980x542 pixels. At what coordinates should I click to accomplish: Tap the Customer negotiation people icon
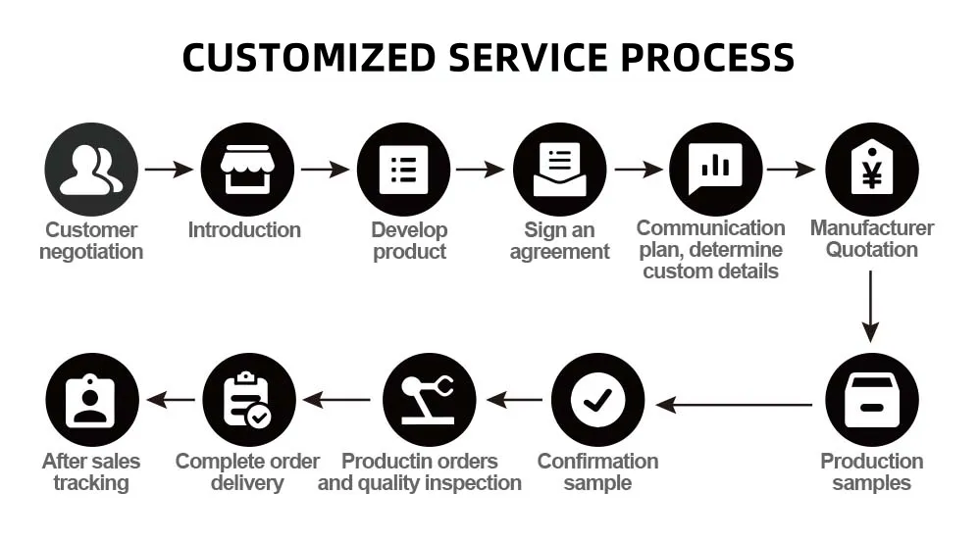coord(90,169)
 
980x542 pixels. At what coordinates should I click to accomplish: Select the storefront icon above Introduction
coord(246,169)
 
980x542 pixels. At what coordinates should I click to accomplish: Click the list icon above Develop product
coord(402,169)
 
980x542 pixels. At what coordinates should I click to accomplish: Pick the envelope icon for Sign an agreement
coord(559,169)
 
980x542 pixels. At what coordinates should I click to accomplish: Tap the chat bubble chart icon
coord(715,169)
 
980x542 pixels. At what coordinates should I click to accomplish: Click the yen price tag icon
coord(871,169)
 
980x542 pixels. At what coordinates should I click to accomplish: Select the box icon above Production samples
coord(871,400)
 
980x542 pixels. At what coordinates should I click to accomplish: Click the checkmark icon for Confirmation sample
coord(597,400)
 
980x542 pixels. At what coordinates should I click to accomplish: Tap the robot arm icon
coord(429,400)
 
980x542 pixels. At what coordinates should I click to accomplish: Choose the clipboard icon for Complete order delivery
coord(247,400)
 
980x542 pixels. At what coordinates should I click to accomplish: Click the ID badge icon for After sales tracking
coord(91,400)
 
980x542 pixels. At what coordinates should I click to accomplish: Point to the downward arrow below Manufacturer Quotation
coord(871,306)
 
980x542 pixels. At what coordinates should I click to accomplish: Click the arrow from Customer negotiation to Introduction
coord(169,170)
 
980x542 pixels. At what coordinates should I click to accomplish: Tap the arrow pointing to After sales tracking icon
coord(171,400)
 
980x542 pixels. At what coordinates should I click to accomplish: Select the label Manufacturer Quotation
coord(871,239)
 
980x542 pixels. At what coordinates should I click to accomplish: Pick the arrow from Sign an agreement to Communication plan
coord(638,170)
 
